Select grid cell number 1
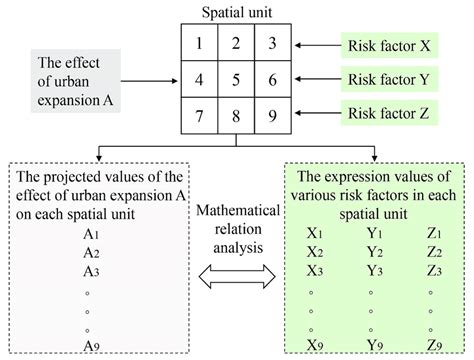202,44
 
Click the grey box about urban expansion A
77,77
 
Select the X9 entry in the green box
316,345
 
